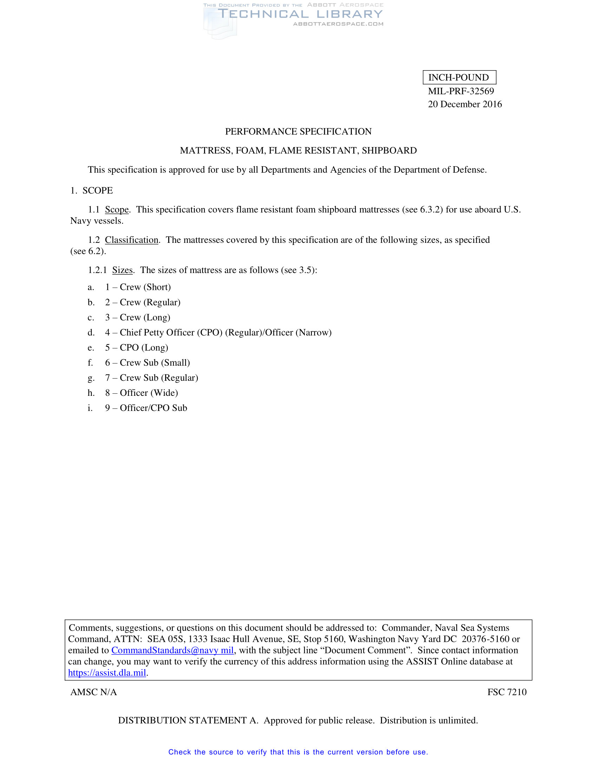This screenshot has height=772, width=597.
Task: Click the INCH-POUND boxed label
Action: pos(459,78)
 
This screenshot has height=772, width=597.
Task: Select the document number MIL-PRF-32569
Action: pos(460,91)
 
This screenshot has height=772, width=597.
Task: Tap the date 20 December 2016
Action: pos(464,104)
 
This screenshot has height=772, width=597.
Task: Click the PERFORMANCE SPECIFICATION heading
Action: pos(298,132)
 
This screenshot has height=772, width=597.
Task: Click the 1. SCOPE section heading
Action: pos(92,191)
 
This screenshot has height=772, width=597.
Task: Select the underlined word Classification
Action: pos(132,240)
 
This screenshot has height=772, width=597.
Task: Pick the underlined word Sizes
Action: pos(122,270)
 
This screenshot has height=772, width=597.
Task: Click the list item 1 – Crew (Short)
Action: pos(138,287)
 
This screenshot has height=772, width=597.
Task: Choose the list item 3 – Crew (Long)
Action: pos(138,318)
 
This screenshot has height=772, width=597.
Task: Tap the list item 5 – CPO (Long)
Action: pos(137,347)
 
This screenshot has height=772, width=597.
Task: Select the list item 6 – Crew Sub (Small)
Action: pos(147,363)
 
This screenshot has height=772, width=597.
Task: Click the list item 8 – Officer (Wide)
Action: pos(142,393)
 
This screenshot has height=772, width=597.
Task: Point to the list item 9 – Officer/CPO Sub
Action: pos(146,408)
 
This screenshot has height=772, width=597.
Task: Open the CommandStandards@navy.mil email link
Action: pos(172,650)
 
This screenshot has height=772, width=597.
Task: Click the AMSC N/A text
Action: pos(93,692)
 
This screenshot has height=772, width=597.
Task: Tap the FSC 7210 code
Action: pos(506,692)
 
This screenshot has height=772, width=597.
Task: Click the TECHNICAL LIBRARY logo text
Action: pos(300,14)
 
